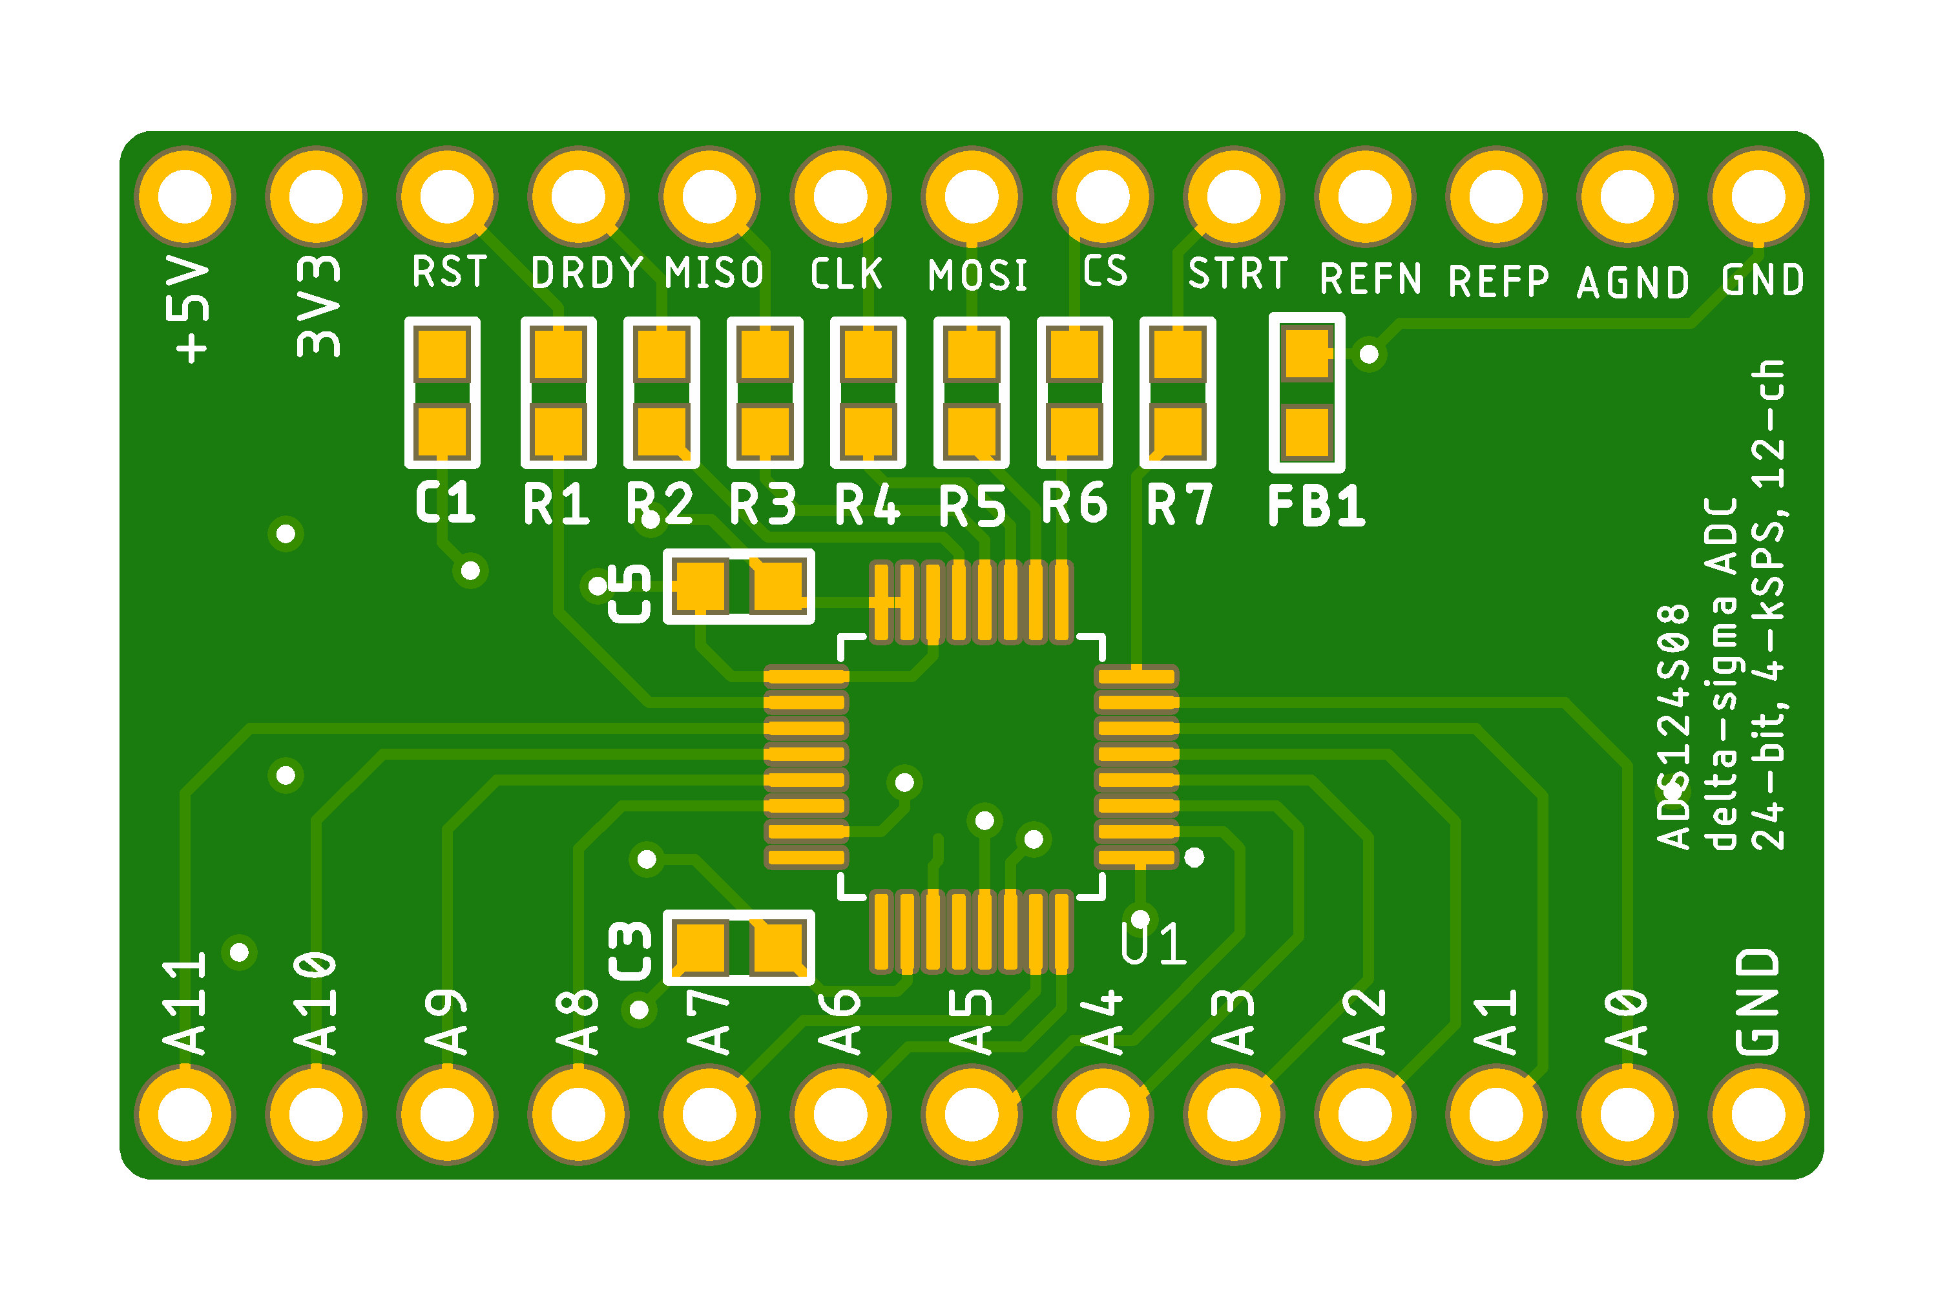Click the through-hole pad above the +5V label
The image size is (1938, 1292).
point(185,196)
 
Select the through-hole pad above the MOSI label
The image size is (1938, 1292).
point(972,196)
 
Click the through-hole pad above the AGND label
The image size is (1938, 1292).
point(1627,196)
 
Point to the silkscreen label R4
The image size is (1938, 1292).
point(867,505)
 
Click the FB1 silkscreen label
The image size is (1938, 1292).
point(1316,505)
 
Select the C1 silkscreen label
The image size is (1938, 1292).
point(445,502)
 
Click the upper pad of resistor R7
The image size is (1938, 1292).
point(1178,353)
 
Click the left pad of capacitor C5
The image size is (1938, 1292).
point(700,586)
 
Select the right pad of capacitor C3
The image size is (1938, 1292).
point(778,948)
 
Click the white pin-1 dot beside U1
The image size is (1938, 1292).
point(1194,858)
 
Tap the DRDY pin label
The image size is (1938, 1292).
point(586,273)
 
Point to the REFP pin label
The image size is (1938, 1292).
point(1498,281)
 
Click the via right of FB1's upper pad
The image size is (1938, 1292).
point(1369,353)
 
